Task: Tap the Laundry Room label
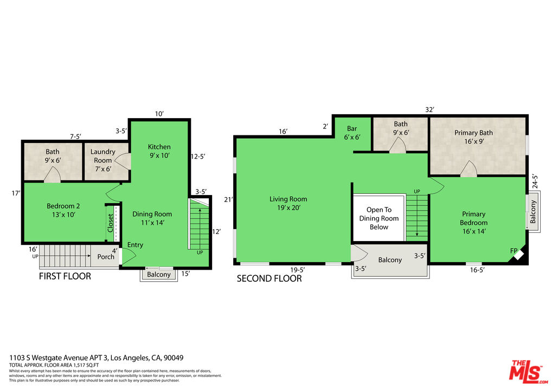pos(103,156)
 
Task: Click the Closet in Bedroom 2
pos(111,223)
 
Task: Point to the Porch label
pos(106,256)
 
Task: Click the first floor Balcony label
pos(159,274)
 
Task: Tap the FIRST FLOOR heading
pos(65,276)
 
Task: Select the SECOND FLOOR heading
pos(269,278)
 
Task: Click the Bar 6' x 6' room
pos(352,133)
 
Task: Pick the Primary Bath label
pos(473,137)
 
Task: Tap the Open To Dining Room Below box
pos(378,218)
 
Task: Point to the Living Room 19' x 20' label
pos(288,203)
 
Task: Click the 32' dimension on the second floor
pos(429,109)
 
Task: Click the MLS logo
pos(525,371)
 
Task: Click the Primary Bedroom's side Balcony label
pos(533,212)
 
